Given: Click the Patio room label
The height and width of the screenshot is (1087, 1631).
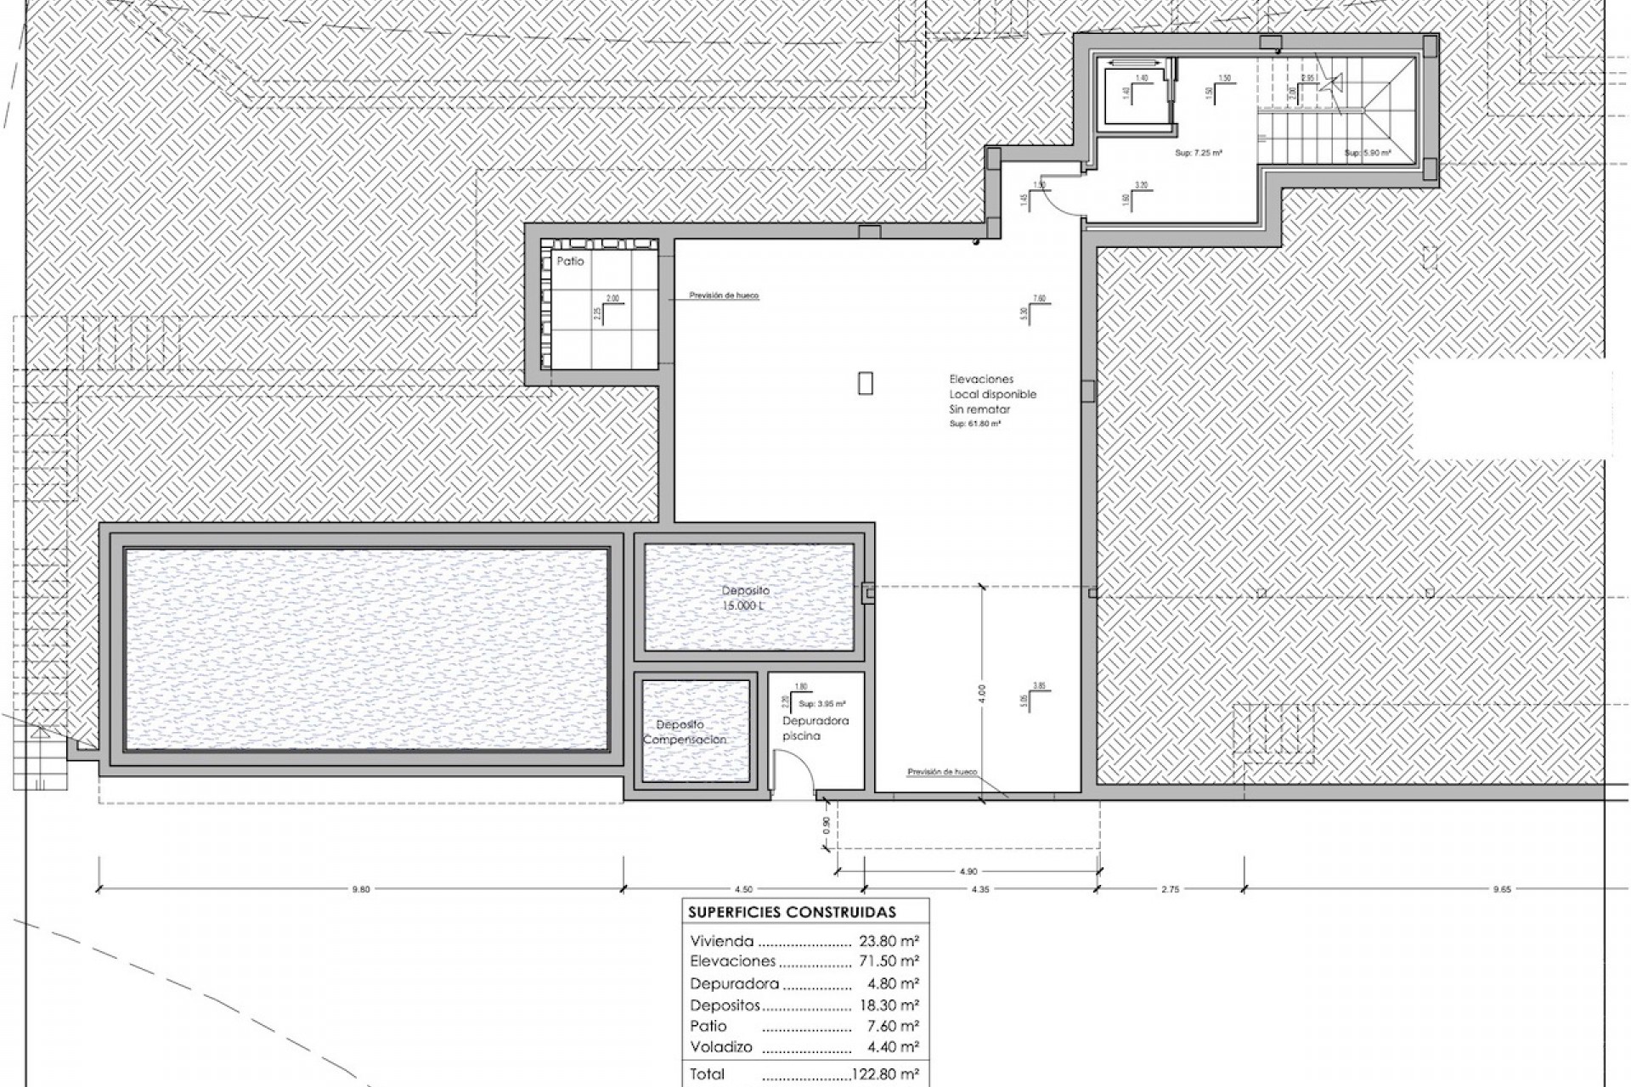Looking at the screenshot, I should click(570, 262).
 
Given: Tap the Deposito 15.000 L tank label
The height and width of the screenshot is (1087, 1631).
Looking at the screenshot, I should click(745, 598).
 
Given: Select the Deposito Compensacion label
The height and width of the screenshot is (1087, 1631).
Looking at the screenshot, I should click(684, 732).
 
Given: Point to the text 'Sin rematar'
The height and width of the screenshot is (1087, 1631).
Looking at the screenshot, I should click(979, 409).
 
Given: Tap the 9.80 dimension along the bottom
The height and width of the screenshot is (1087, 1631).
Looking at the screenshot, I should click(361, 889).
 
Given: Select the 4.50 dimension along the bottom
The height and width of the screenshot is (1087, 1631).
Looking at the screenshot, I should click(742, 889).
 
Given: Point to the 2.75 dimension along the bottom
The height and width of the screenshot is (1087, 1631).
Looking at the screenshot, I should click(1170, 889).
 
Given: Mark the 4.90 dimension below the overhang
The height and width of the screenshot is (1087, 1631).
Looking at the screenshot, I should click(968, 870).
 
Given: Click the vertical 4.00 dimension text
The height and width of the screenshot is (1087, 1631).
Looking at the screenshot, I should click(981, 692).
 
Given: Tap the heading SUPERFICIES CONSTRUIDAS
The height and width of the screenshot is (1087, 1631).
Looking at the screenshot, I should click(792, 913).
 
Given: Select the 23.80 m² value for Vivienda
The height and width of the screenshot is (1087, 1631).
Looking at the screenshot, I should click(889, 941).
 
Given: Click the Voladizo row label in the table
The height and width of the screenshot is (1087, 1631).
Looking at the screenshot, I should click(720, 1047).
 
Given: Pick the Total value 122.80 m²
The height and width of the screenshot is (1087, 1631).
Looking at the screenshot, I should click(887, 1074).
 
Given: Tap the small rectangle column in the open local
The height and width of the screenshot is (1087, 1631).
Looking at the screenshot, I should click(865, 384).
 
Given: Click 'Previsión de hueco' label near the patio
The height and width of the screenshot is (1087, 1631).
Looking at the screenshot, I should click(724, 296).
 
